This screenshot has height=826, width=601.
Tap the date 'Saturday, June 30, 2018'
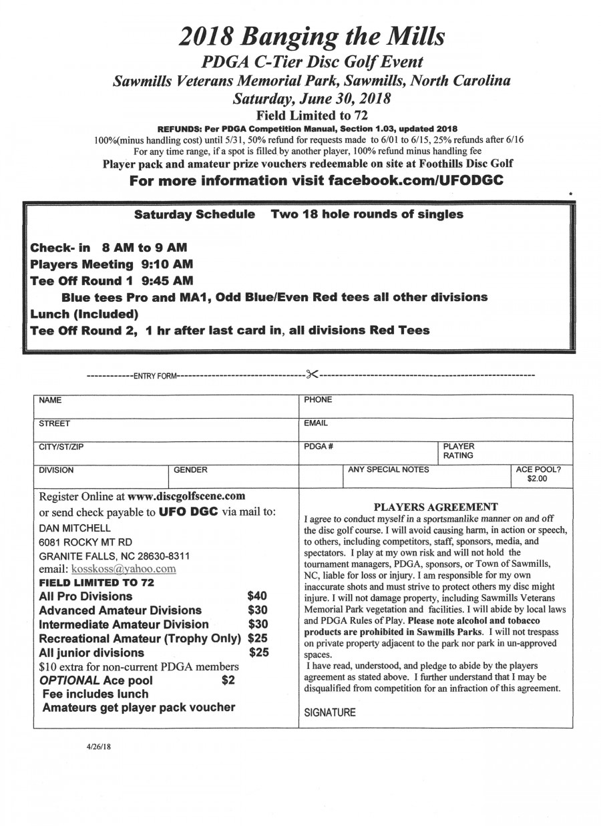coord(311,99)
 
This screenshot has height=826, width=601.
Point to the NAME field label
coord(50,400)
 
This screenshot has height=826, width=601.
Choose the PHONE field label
coord(318,400)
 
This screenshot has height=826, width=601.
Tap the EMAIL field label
coord(316,423)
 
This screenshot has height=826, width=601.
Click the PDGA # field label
coord(315,446)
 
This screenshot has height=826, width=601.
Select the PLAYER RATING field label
coord(459,451)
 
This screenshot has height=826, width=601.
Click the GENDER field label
coord(190,470)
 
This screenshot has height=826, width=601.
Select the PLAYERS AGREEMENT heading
coord(435,506)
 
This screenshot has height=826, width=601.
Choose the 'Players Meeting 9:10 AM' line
coord(112,264)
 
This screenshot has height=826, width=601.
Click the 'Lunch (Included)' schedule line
coord(83,313)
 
